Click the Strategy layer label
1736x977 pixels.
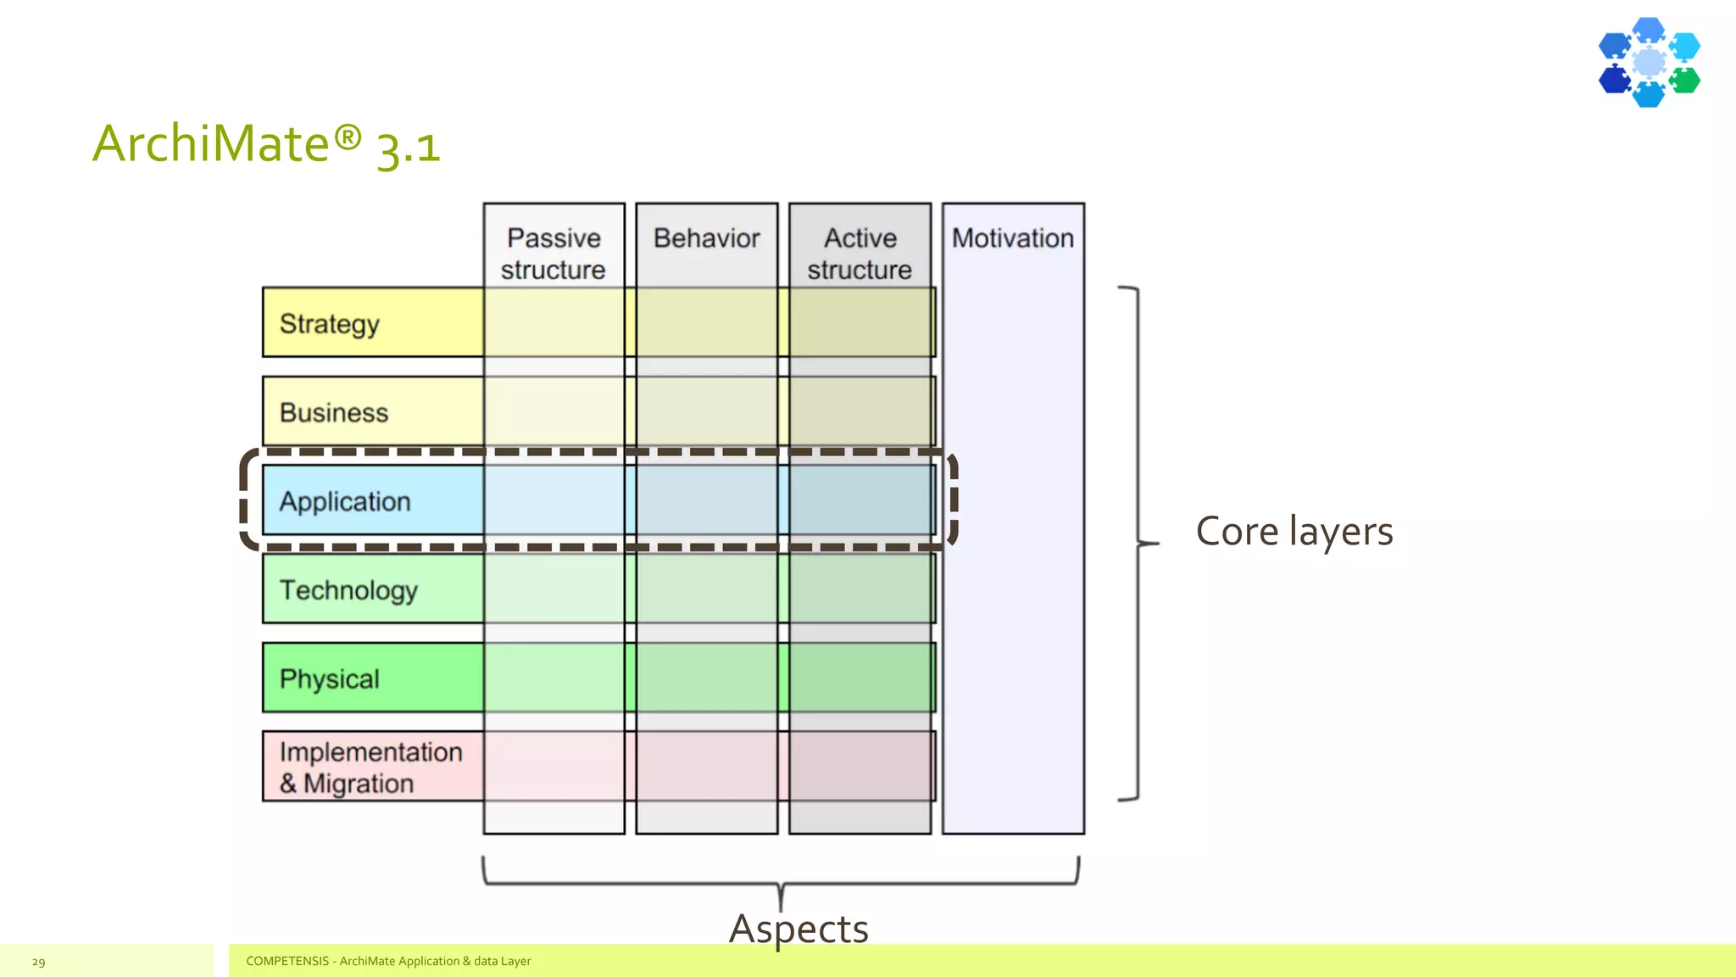pyautogui.click(x=330, y=324)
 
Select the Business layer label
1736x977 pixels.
pyautogui.click(x=334, y=413)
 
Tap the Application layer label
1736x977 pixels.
pyautogui.click(x=345, y=501)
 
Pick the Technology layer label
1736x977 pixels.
pyautogui.click(x=348, y=590)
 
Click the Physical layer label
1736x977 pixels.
pyautogui.click(x=330, y=679)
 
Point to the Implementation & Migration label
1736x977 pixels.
pyautogui.click(x=370, y=768)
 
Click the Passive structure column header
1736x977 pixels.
pyautogui.click(x=554, y=253)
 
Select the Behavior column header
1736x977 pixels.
pyautogui.click(x=706, y=238)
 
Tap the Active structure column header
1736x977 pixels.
pyautogui.click(x=860, y=253)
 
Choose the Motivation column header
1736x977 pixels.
pyautogui.click(x=1013, y=238)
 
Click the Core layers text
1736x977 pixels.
pyautogui.click(x=1294, y=532)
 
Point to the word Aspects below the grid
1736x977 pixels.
pyautogui.click(x=798, y=928)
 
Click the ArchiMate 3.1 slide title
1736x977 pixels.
pyautogui.click(x=266, y=144)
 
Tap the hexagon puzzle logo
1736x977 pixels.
pyautogui.click(x=1649, y=62)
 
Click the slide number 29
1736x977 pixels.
pyautogui.click(x=38, y=962)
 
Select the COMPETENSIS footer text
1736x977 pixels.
pyautogui.click(x=388, y=961)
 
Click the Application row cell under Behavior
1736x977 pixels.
pyautogui.click(x=706, y=500)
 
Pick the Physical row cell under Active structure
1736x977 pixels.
pyautogui.click(x=860, y=678)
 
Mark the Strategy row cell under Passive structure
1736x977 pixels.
pyautogui.click(x=554, y=322)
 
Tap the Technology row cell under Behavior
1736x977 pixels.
pyautogui.click(x=706, y=589)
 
